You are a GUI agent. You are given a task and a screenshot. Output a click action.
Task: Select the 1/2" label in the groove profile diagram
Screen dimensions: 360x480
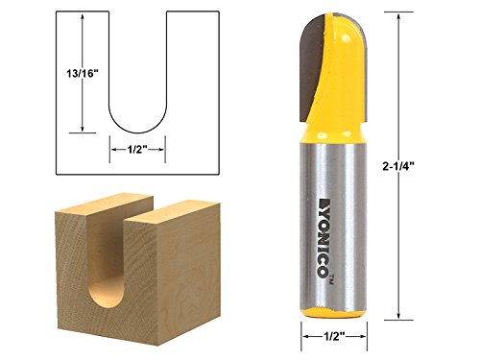138,149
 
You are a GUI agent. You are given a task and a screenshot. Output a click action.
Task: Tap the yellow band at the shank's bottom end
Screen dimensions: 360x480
329,309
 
